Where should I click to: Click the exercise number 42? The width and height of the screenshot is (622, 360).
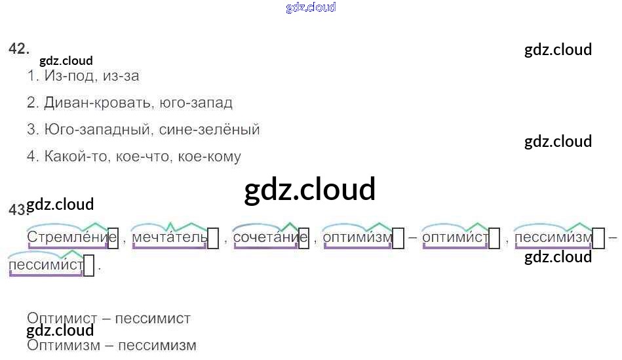[19, 49]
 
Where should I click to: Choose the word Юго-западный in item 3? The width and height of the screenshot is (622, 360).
[98, 130]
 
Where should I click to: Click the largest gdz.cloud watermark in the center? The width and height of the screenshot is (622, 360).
[310, 189]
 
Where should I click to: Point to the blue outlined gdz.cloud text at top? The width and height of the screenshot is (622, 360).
[311, 8]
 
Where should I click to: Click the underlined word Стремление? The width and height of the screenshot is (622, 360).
[68, 237]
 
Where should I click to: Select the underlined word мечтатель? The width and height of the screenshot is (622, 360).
[170, 237]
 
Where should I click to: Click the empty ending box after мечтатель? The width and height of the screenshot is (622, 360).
[213, 239]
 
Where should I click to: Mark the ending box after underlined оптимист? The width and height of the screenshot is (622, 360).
[496, 239]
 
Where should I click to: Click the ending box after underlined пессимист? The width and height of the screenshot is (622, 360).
[89, 266]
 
